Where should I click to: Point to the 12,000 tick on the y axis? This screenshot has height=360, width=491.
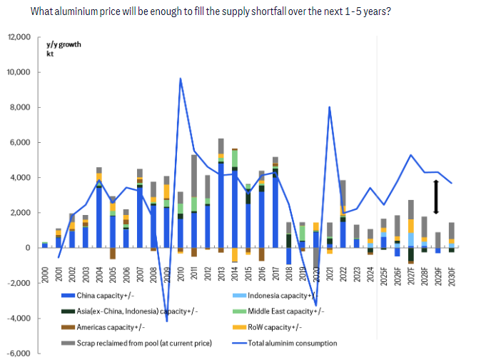pyautogui.click(x=19, y=37)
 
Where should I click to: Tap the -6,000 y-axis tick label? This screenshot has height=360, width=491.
pyautogui.click(x=19, y=353)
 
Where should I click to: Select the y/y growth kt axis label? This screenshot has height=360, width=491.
pyautogui.click(x=64, y=49)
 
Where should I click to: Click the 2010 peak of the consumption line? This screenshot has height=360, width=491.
pyautogui.click(x=180, y=79)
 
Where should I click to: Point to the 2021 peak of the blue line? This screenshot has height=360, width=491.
pyautogui.click(x=330, y=107)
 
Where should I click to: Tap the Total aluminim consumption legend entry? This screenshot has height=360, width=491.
pyautogui.click(x=293, y=344)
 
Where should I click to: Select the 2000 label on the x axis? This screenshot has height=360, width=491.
pyautogui.click(x=44, y=276)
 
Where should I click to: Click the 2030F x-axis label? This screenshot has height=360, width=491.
pyautogui.click(x=450, y=276)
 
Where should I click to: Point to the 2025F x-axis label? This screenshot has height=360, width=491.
pyautogui.click(x=383, y=276)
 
